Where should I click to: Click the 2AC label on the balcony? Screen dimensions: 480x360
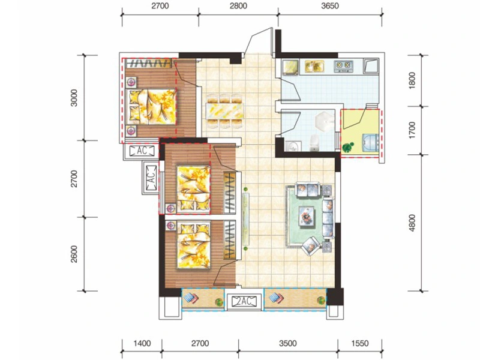pos(244,302)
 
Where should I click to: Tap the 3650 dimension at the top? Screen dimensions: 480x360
pos(330,6)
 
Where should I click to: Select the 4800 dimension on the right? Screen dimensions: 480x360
pos(412,223)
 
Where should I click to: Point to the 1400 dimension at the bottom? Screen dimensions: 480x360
pos(142,343)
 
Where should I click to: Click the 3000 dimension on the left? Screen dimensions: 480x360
pos(74,98)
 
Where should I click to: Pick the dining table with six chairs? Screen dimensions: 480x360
pos(226,111)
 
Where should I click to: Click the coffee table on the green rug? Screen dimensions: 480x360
pos(307,217)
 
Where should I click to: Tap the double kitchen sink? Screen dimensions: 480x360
pos(314,67)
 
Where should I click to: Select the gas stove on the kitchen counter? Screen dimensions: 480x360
pos(343,65)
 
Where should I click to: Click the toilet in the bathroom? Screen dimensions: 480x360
pos(314,143)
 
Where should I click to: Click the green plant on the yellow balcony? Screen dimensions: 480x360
pos(348,148)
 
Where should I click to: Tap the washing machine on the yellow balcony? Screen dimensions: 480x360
pos(370,143)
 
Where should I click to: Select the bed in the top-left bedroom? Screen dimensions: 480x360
pos(152,107)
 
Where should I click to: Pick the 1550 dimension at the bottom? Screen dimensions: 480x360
pos(360,343)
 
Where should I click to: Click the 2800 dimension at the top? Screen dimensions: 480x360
pos(238,6)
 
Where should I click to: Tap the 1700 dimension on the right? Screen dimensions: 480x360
pos(412,130)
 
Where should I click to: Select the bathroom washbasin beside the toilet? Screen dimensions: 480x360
pos(293,146)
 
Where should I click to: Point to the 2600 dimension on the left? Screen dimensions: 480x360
pos(74,254)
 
